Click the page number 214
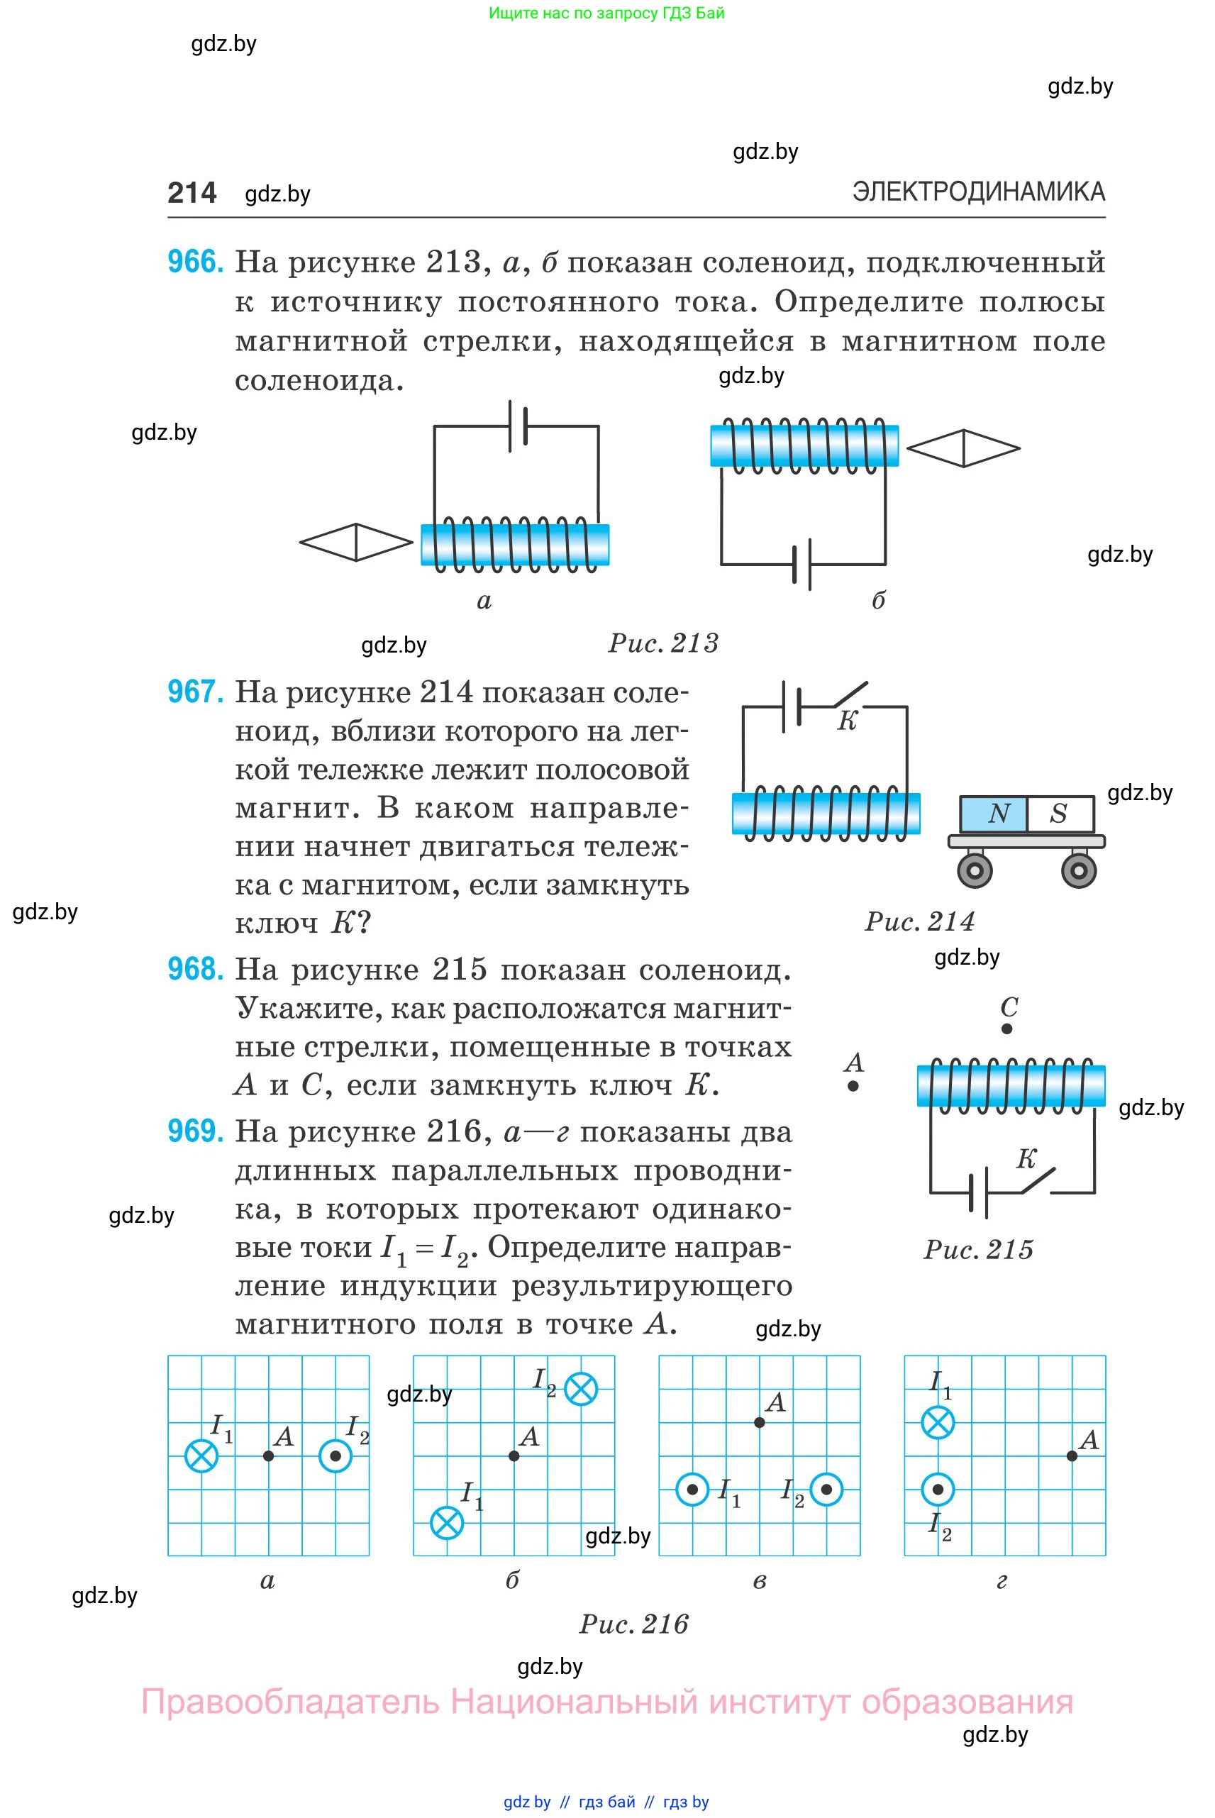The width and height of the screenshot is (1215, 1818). coord(192,193)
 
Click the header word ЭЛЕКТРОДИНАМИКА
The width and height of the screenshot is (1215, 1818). coord(978,192)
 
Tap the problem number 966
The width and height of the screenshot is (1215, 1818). coord(195,262)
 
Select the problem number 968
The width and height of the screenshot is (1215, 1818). coord(195,970)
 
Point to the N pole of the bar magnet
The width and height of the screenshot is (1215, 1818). coord(998,814)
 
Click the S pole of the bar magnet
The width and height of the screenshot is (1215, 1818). coord(1058,814)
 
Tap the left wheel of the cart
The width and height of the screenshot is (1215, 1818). coord(975,870)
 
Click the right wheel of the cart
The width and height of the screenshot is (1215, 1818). coord(1079,870)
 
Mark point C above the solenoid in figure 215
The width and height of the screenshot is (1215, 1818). coord(1006,1029)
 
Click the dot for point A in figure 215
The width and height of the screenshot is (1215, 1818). coord(853,1087)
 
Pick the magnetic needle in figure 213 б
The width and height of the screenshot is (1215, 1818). coord(963,448)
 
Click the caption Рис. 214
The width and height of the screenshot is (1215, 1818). coord(919,921)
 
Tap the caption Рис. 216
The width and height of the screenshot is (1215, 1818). coord(634,1624)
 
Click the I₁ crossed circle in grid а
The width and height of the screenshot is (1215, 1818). coord(201,1456)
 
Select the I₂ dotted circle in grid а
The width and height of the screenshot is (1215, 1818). coord(335,1456)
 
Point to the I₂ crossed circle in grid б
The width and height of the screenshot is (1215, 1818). coord(580,1389)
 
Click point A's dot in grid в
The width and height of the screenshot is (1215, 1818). coord(760,1423)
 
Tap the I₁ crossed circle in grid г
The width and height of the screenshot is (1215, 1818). coord(938,1423)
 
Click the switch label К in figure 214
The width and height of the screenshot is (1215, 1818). coord(847,721)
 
